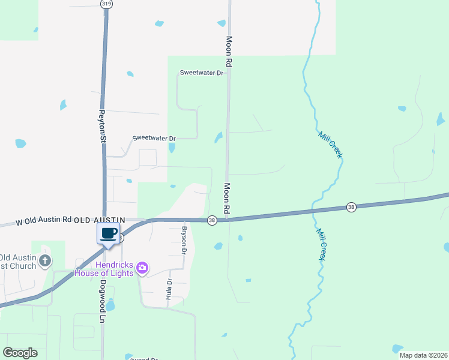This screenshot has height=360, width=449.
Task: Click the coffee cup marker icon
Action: coord(108,233)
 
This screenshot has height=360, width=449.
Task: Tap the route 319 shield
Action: coord(107,4)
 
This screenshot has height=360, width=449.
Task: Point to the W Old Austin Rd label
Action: coord(44,221)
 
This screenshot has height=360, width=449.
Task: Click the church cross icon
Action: coord(44,261)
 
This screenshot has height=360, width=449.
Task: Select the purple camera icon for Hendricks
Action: coord(142,268)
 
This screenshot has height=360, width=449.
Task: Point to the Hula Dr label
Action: coord(169,290)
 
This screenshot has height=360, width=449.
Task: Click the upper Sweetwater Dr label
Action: coord(202,73)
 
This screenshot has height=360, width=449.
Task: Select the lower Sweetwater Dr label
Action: coord(154,138)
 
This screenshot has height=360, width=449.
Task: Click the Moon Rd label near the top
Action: coord(229,51)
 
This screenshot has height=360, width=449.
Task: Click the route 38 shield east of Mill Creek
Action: coord(351,207)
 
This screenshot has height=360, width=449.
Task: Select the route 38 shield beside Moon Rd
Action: coord(212,221)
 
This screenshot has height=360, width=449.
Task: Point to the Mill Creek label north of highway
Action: coord(331,145)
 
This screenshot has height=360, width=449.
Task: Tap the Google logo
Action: coord(20,353)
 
